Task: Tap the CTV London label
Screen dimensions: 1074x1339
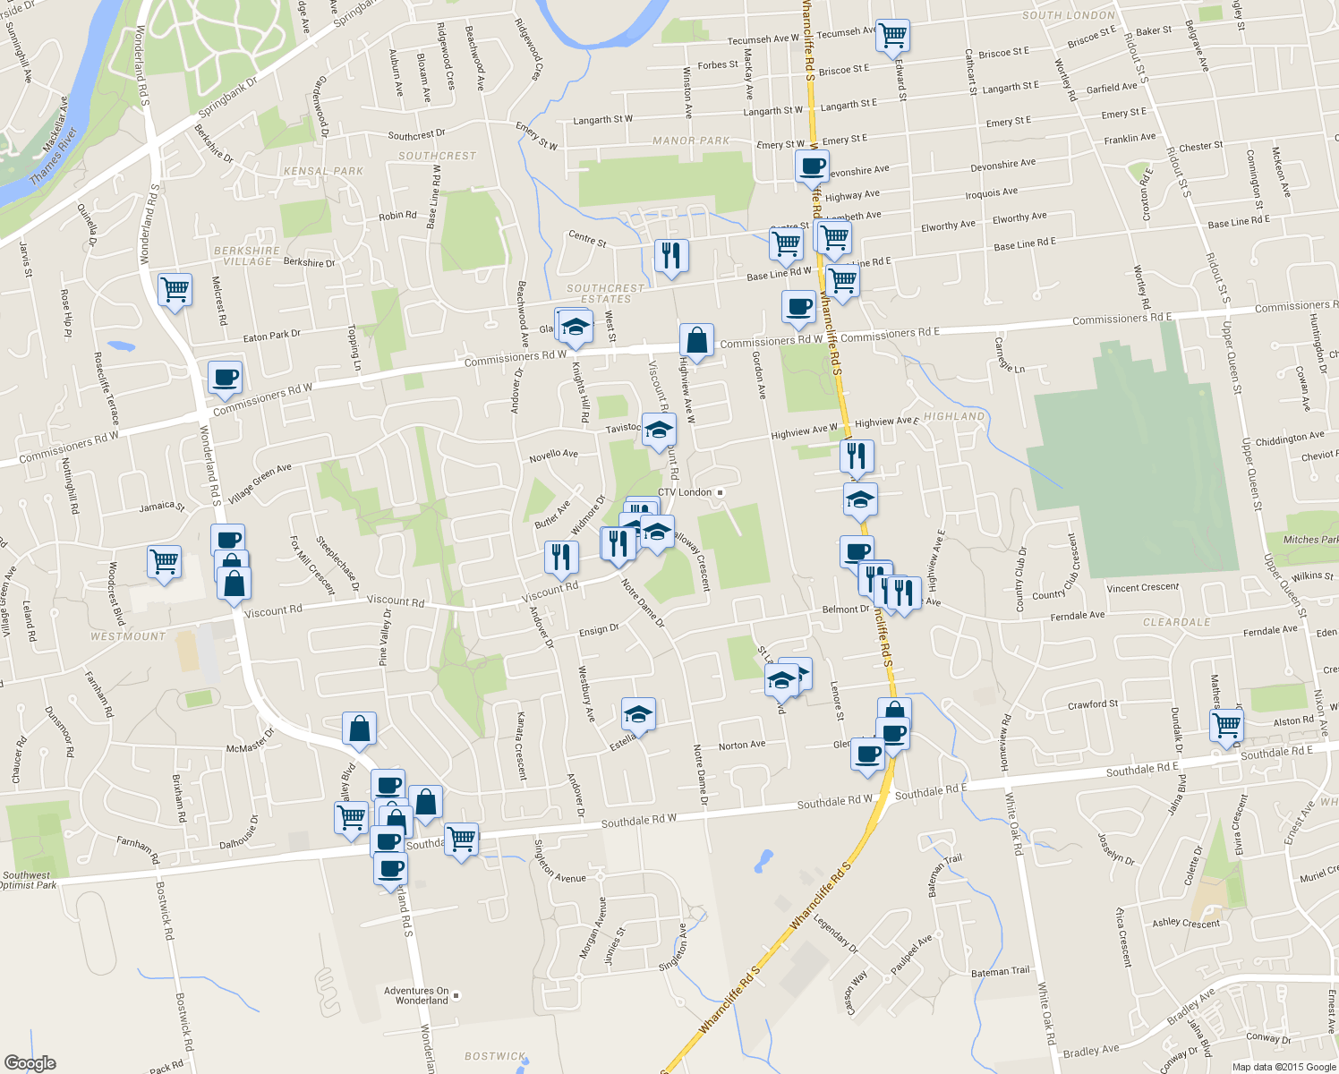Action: (685, 492)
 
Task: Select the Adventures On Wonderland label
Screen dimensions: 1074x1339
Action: (416, 995)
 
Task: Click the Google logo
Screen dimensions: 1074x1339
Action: (30, 1063)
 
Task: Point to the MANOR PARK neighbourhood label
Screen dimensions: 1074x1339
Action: (691, 141)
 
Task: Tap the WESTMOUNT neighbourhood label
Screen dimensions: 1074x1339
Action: (128, 636)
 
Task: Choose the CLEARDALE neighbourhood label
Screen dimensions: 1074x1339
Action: (1176, 622)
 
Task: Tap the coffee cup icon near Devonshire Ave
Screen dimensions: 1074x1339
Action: (813, 166)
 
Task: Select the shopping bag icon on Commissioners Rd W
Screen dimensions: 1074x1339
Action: (696, 341)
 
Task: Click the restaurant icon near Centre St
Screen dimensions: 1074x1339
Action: (670, 256)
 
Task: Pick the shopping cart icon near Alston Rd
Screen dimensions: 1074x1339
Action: (1226, 725)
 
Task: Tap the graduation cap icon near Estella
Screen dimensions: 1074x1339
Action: (638, 714)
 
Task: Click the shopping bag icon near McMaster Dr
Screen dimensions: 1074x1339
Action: (359, 729)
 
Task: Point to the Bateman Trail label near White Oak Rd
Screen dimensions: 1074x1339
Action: (1001, 971)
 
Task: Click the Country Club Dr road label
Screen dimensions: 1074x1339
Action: (1021, 580)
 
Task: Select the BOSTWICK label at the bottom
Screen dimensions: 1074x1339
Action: (495, 1056)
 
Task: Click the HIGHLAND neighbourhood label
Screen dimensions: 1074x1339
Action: (954, 416)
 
